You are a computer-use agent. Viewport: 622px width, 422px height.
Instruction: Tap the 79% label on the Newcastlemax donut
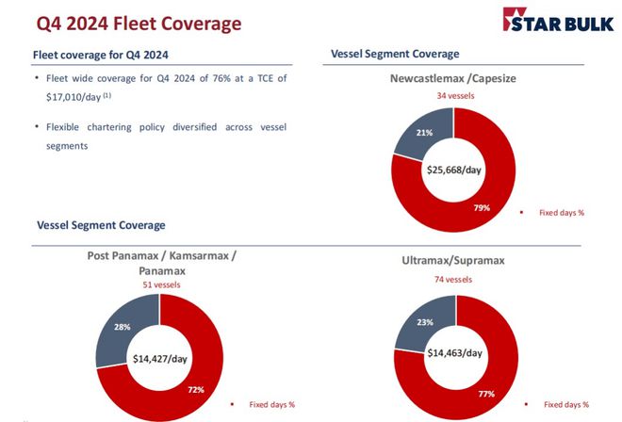[x=482, y=207]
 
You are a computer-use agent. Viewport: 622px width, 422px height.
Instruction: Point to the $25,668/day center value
[x=454, y=170]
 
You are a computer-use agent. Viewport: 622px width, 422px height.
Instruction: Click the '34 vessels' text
[x=453, y=96]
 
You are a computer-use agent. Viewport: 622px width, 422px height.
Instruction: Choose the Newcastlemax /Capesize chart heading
[x=453, y=79]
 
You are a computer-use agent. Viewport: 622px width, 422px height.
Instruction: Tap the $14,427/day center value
[x=158, y=358]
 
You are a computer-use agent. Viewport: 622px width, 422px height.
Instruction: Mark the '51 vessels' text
[x=158, y=284]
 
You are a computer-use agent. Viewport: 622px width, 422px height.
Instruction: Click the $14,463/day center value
[x=455, y=353]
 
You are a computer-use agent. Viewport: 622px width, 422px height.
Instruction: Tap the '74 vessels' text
[x=454, y=279]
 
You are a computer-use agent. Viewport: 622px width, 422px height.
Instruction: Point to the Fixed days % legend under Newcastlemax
[x=561, y=213]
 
